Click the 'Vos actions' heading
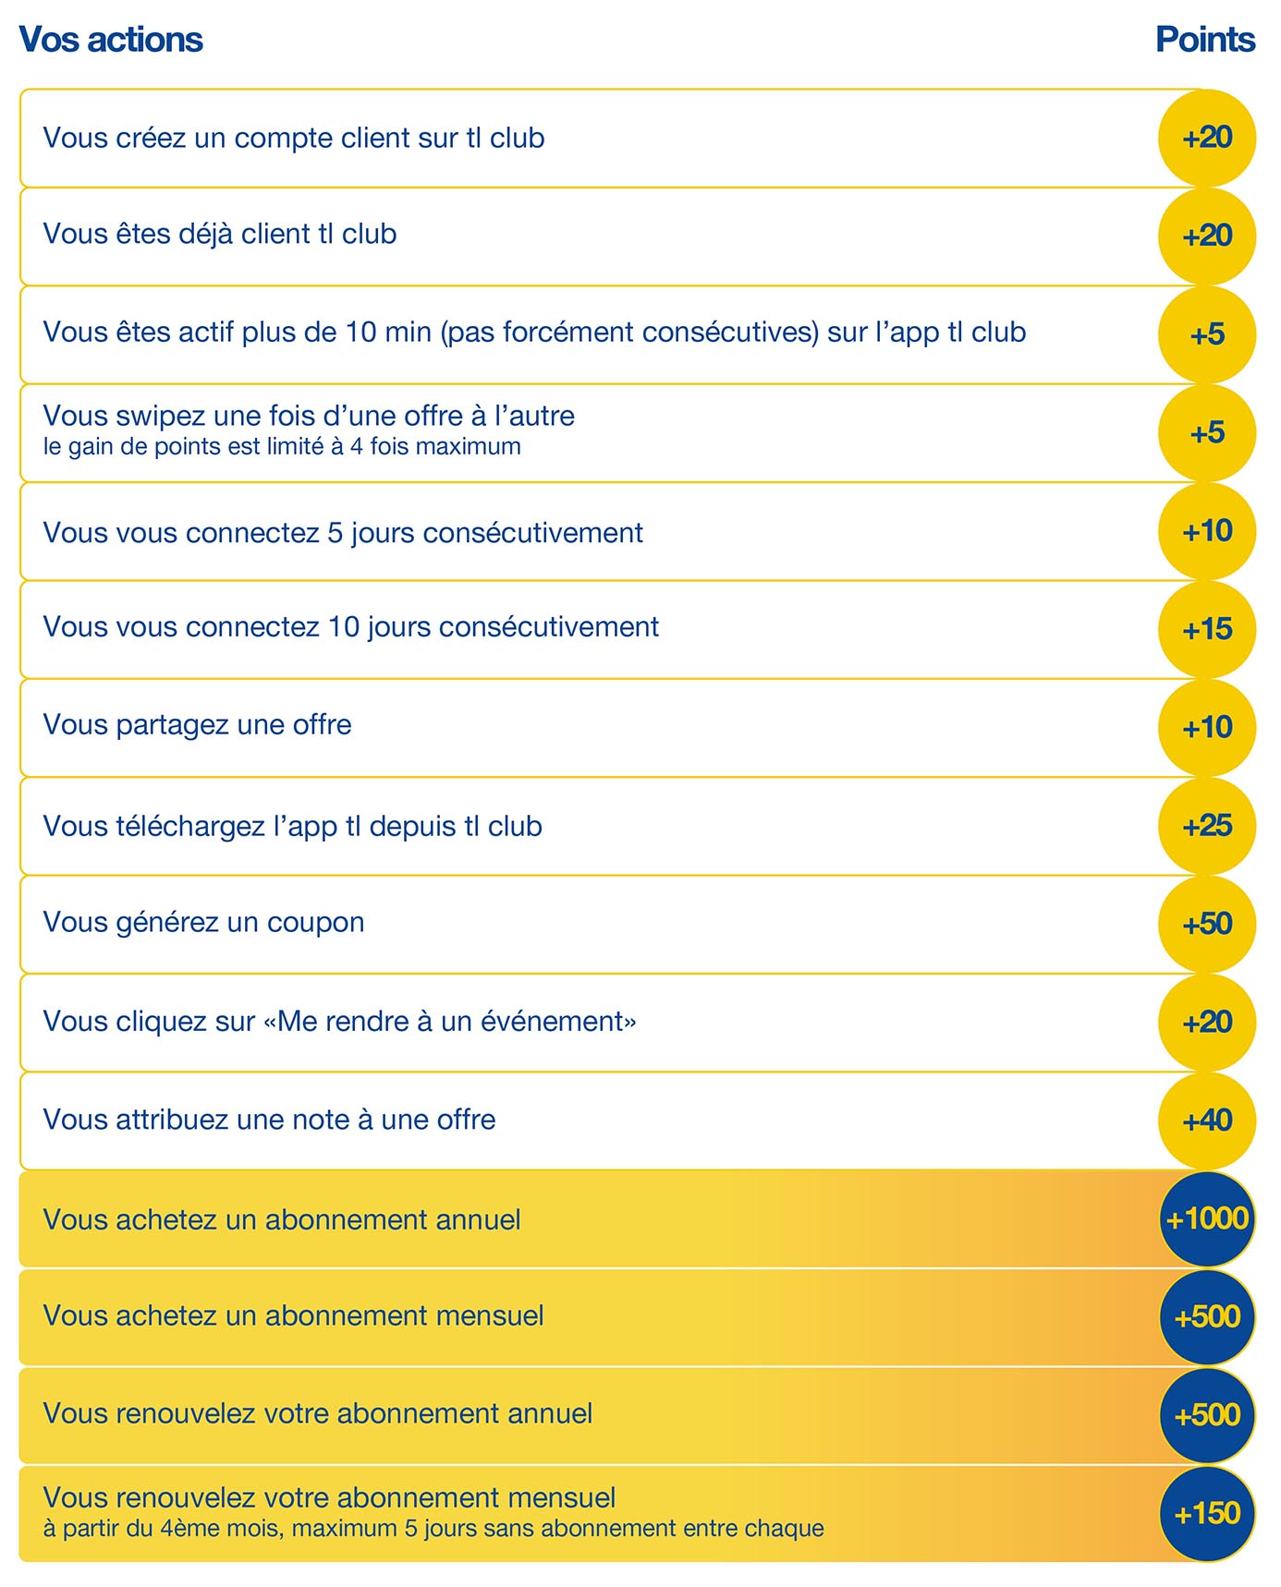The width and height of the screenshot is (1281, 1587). (111, 40)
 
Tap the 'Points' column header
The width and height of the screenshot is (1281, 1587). (1204, 40)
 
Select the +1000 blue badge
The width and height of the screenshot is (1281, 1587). (1207, 1219)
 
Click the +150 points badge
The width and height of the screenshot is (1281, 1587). (1207, 1514)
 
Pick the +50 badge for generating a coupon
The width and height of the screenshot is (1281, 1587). (1207, 924)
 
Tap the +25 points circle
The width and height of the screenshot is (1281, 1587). (1207, 826)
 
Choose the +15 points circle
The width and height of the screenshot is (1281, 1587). (1207, 629)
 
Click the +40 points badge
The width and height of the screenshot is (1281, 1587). (1207, 1121)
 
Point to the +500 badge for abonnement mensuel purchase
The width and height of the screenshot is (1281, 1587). (1207, 1317)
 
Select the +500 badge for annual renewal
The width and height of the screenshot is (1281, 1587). (1207, 1415)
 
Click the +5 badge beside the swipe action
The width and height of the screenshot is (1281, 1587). (1207, 432)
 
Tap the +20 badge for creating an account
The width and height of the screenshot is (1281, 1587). (1207, 138)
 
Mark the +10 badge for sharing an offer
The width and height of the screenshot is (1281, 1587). (1207, 727)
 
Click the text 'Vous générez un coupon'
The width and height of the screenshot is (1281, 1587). (203, 922)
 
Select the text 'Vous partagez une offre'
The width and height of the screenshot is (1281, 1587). (197, 725)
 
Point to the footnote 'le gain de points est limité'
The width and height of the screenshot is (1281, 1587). (282, 447)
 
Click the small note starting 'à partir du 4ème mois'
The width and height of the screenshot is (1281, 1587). (433, 1529)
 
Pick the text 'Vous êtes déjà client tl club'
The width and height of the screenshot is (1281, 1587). (220, 235)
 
